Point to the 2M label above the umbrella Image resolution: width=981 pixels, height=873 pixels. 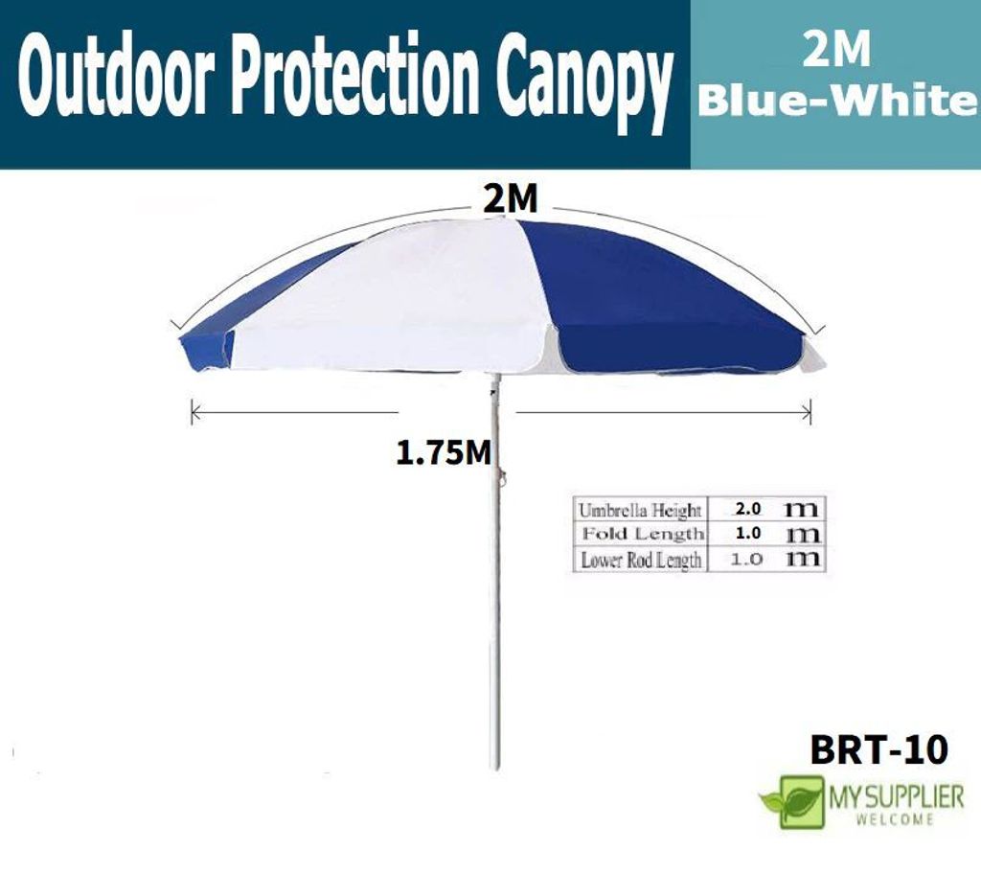pyautogui.click(x=511, y=199)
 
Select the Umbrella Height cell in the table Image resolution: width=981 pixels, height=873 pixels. pyautogui.click(x=639, y=510)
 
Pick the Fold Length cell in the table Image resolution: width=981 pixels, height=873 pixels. pyautogui.click(x=643, y=534)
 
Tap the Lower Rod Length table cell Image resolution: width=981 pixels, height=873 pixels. pyautogui.click(x=641, y=559)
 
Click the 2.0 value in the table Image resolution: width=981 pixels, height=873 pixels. pyautogui.click(x=747, y=509)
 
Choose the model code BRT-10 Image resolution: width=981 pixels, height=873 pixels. pyautogui.click(x=878, y=748)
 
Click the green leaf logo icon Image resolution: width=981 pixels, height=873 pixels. pyautogui.click(x=792, y=802)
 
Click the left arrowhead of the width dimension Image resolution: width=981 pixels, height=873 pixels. pyautogui.click(x=194, y=412)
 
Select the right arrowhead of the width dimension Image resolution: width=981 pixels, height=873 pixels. pyautogui.click(x=809, y=412)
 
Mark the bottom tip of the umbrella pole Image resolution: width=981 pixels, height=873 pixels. pyautogui.click(x=497, y=768)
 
